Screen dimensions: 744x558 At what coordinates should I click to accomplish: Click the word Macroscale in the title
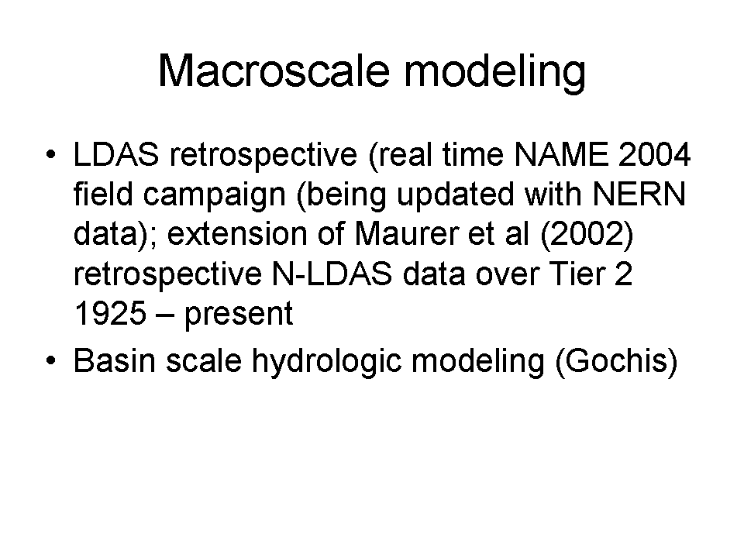pos(274,71)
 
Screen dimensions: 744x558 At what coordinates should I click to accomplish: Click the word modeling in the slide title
pos(495,71)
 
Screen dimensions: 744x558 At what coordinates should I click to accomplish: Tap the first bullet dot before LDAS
pos(51,155)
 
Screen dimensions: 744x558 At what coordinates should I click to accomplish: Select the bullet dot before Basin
pos(51,360)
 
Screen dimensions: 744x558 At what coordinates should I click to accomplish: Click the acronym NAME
pos(561,154)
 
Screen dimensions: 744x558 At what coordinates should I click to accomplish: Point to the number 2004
pos(654,154)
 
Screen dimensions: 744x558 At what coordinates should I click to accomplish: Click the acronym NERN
pos(639,194)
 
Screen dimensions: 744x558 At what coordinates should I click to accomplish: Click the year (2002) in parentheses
pos(587,234)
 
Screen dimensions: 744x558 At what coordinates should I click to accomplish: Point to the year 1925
pos(110,314)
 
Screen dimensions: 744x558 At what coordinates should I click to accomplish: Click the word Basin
pos(115,360)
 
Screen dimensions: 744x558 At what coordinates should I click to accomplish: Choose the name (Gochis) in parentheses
pos(616,362)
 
